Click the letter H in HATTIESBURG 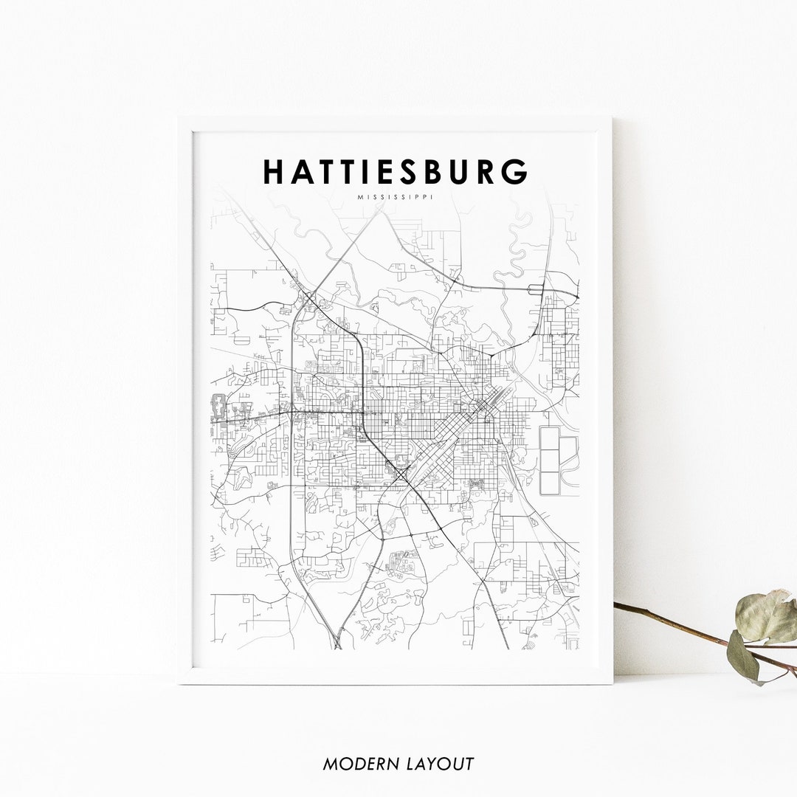click(275, 172)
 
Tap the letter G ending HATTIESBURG click(517, 172)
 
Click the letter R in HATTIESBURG click(486, 172)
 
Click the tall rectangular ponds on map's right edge click(550, 460)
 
